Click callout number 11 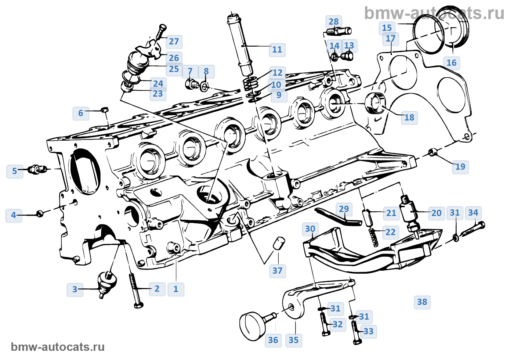coord(277,50)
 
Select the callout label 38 coord(422,302)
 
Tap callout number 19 coord(460,167)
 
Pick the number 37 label coord(277,271)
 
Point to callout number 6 coord(81,113)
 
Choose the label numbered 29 coord(344,209)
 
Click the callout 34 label coord(473,213)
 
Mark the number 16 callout coord(451,63)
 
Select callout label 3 coord(75,289)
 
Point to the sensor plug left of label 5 coord(37,169)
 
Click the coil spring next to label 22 coord(374,237)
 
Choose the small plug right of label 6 coord(104,109)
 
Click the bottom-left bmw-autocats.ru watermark coord(58,347)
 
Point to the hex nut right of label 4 coord(40,213)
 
